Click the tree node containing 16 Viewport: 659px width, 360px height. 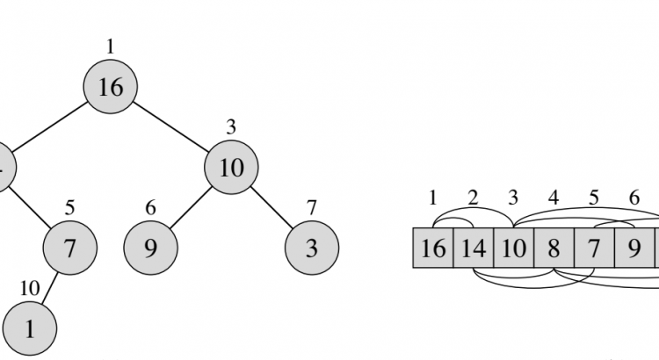click(x=111, y=87)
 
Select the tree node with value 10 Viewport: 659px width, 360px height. click(x=231, y=167)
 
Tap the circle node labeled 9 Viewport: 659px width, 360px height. click(x=150, y=248)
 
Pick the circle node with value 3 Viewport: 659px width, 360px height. click(x=312, y=248)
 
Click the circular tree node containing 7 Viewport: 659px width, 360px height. click(x=69, y=248)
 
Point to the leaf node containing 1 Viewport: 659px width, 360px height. click(x=29, y=328)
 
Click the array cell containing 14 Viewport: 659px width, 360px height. click(x=473, y=248)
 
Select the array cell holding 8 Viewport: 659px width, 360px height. click(x=554, y=248)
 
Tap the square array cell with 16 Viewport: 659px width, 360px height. click(x=432, y=248)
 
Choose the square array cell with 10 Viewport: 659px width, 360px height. click(x=513, y=248)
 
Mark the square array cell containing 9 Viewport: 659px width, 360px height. click(x=634, y=248)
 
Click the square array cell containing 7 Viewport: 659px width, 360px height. click(x=594, y=248)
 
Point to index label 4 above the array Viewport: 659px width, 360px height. click(x=554, y=198)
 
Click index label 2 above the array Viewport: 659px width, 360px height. click(x=473, y=198)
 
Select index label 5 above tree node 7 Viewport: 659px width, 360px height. click(x=69, y=208)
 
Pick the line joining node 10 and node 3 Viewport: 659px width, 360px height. click(x=272, y=207)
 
